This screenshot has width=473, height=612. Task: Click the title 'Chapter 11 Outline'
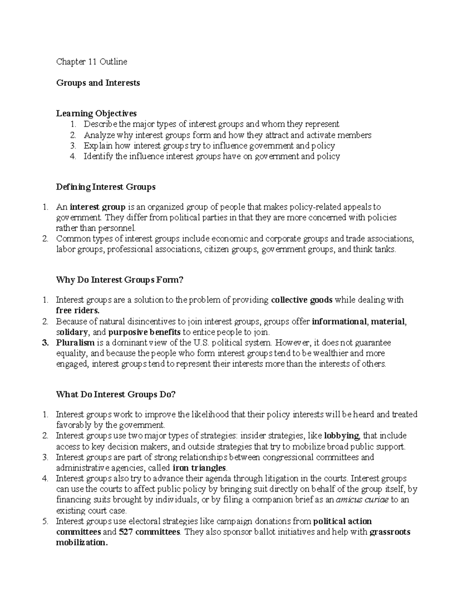(91, 61)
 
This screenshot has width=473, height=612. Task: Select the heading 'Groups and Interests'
(98, 83)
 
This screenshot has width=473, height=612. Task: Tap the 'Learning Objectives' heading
(96, 113)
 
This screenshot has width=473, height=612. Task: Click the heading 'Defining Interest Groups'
(106, 187)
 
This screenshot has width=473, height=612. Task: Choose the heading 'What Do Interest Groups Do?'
(115, 394)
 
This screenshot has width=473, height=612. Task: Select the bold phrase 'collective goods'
(302, 300)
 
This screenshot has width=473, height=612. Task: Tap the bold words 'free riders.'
(78, 311)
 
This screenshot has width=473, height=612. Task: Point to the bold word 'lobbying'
(341, 436)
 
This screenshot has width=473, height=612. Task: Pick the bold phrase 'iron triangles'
(200, 468)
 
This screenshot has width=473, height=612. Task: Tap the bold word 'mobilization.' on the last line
(82, 543)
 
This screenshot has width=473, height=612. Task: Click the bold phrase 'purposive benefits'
(144, 332)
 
